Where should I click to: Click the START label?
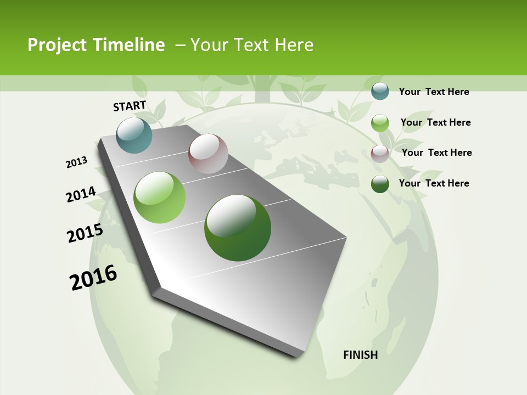pyautogui.click(x=130, y=106)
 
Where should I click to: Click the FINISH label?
pyautogui.click(x=361, y=355)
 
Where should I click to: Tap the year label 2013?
pyautogui.click(x=76, y=162)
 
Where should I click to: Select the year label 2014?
pyautogui.click(x=81, y=195)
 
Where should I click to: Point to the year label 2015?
pyautogui.click(x=85, y=233)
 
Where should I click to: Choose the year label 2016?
pyautogui.click(x=93, y=278)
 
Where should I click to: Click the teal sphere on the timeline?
pyautogui.click(x=134, y=136)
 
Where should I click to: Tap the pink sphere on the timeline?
pyautogui.click(x=208, y=154)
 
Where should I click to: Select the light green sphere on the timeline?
pyautogui.click(x=160, y=198)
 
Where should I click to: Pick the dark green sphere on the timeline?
pyautogui.click(x=238, y=228)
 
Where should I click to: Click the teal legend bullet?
pyautogui.click(x=380, y=91)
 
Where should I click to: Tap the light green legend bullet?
pyautogui.click(x=380, y=123)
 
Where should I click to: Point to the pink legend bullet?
pyautogui.click(x=380, y=154)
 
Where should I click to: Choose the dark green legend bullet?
pyautogui.click(x=380, y=184)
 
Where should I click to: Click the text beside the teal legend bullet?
pyautogui.click(x=434, y=92)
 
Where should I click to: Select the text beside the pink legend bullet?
pyautogui.click(x=436, y=153)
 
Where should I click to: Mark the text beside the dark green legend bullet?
pyautogui.click(x=434, y=183)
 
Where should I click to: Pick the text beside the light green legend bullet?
pyautogui.click(x=435, y=122)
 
